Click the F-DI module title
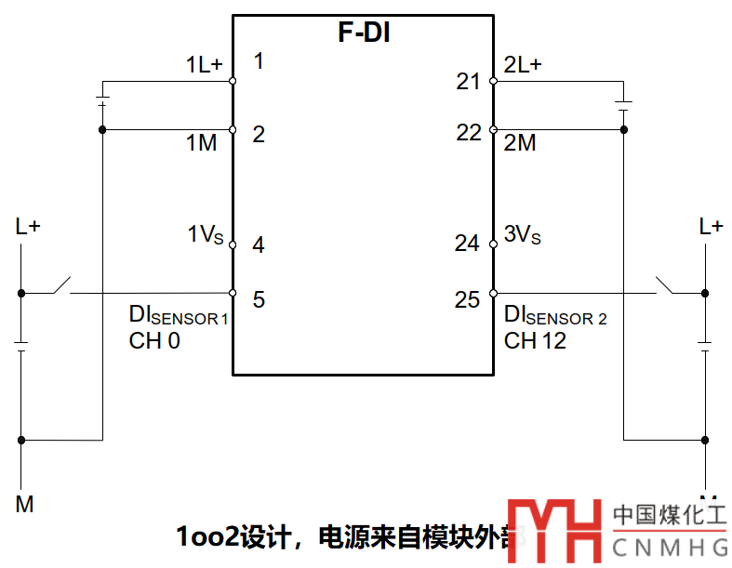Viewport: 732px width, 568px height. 363,34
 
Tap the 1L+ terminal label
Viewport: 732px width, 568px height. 205,65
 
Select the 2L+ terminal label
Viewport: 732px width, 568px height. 523,65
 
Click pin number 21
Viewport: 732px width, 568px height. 468,82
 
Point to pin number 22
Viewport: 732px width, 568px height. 469,133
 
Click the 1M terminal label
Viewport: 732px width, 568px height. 201,143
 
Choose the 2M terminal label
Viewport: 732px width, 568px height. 520,143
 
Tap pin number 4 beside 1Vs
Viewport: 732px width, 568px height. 259,245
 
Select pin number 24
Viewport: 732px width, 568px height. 468,244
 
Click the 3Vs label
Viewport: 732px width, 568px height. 522,235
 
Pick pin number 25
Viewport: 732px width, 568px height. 468,299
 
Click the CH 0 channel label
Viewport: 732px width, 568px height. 154,341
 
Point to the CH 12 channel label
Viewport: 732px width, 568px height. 535,341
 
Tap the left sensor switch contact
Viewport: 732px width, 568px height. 61,284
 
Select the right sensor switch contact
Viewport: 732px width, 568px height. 666,284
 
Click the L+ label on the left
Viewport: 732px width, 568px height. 28,226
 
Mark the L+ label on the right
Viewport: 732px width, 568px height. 712,226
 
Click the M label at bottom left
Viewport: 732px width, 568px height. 25,505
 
